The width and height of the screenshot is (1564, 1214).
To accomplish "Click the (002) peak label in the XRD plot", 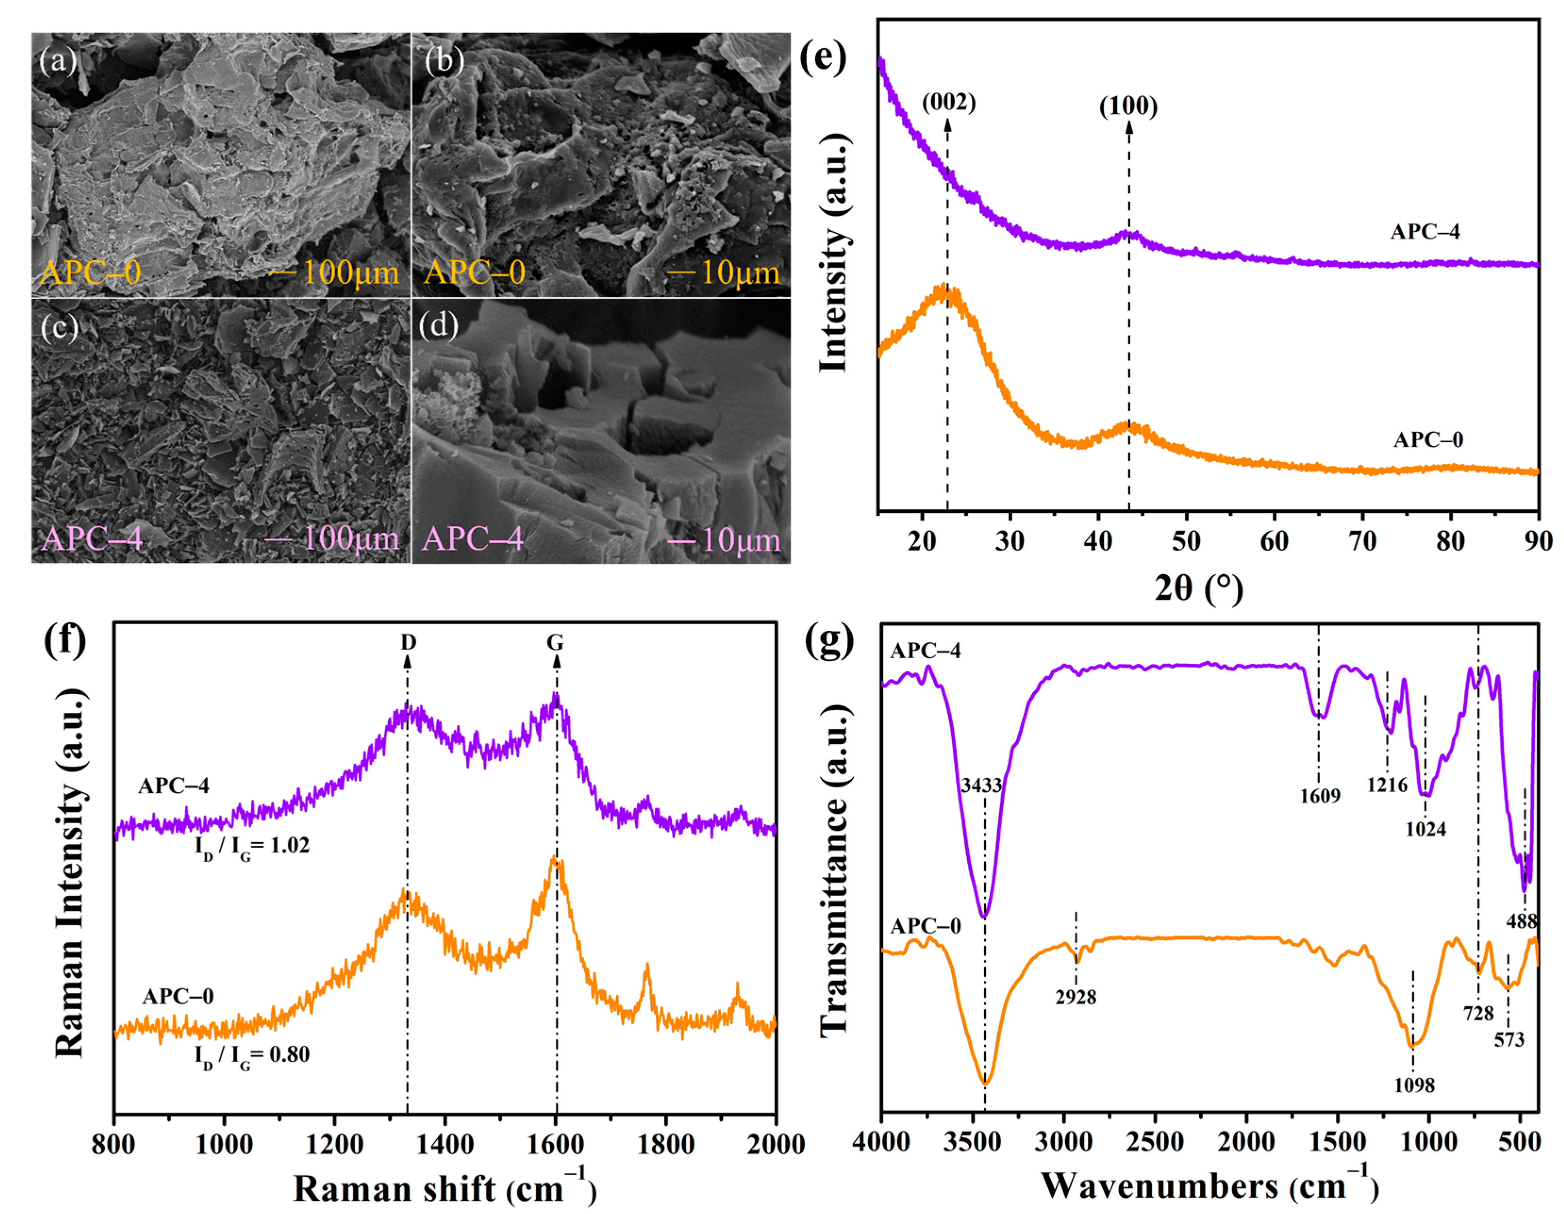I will (948, 102).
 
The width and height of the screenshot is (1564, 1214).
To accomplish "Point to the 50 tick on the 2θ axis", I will (1186, 541).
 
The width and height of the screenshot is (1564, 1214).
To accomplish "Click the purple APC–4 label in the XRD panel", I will (1424, 231).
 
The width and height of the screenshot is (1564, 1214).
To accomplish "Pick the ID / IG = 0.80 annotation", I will (252, 1055).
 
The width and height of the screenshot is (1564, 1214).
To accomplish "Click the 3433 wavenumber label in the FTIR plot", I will (981, 785).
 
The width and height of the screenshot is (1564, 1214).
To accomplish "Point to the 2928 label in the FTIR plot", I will (1075, 996).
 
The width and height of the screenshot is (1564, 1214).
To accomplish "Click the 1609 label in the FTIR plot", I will (1320, 796).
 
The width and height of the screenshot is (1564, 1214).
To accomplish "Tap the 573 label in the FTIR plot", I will (1509, 1039).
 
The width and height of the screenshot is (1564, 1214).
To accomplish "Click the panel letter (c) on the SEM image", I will (59, 327).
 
